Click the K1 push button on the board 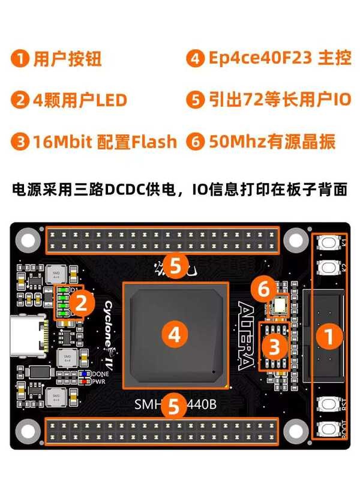tap(328, 243)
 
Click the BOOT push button tap(328, 429)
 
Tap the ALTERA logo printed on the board tap(245, 337)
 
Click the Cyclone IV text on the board tap(110, 337)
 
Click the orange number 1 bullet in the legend tap(22, 59)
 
